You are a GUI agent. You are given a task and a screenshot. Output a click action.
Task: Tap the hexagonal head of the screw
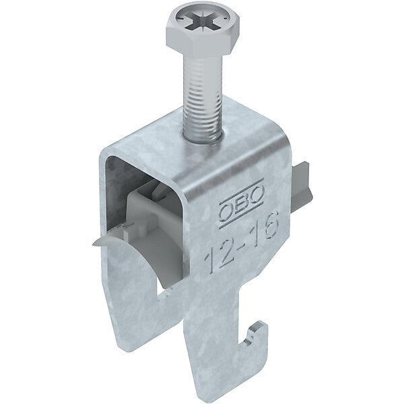tap(203, 30)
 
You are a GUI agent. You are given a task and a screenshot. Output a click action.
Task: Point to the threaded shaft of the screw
tap(203, 99)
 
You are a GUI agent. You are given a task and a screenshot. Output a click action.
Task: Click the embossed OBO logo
tap(242, 203)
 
